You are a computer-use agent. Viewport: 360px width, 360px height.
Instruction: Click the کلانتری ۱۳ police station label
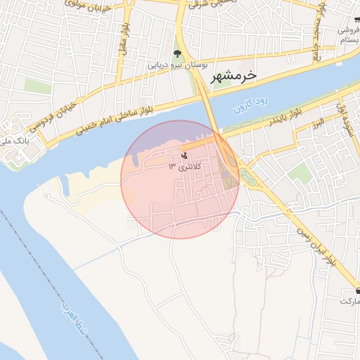click(184, 167)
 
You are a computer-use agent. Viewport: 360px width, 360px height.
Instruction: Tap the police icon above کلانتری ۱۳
click(184, 155)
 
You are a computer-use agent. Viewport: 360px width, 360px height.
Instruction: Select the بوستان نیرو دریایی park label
click(176, 65)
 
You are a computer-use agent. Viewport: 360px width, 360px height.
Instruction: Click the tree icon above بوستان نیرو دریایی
click(177, 53)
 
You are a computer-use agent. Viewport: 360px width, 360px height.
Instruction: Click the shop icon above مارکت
click(358, 290)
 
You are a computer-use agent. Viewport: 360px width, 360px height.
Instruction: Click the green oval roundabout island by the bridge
click(247, 175)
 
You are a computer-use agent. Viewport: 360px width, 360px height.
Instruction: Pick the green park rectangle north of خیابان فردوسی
click(37, 86)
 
